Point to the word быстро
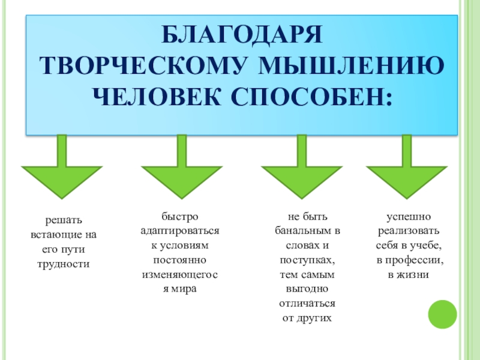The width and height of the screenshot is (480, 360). [180, 217]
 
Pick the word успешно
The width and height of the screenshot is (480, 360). [408, 217]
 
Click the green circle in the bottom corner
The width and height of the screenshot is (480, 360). [443, 313]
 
